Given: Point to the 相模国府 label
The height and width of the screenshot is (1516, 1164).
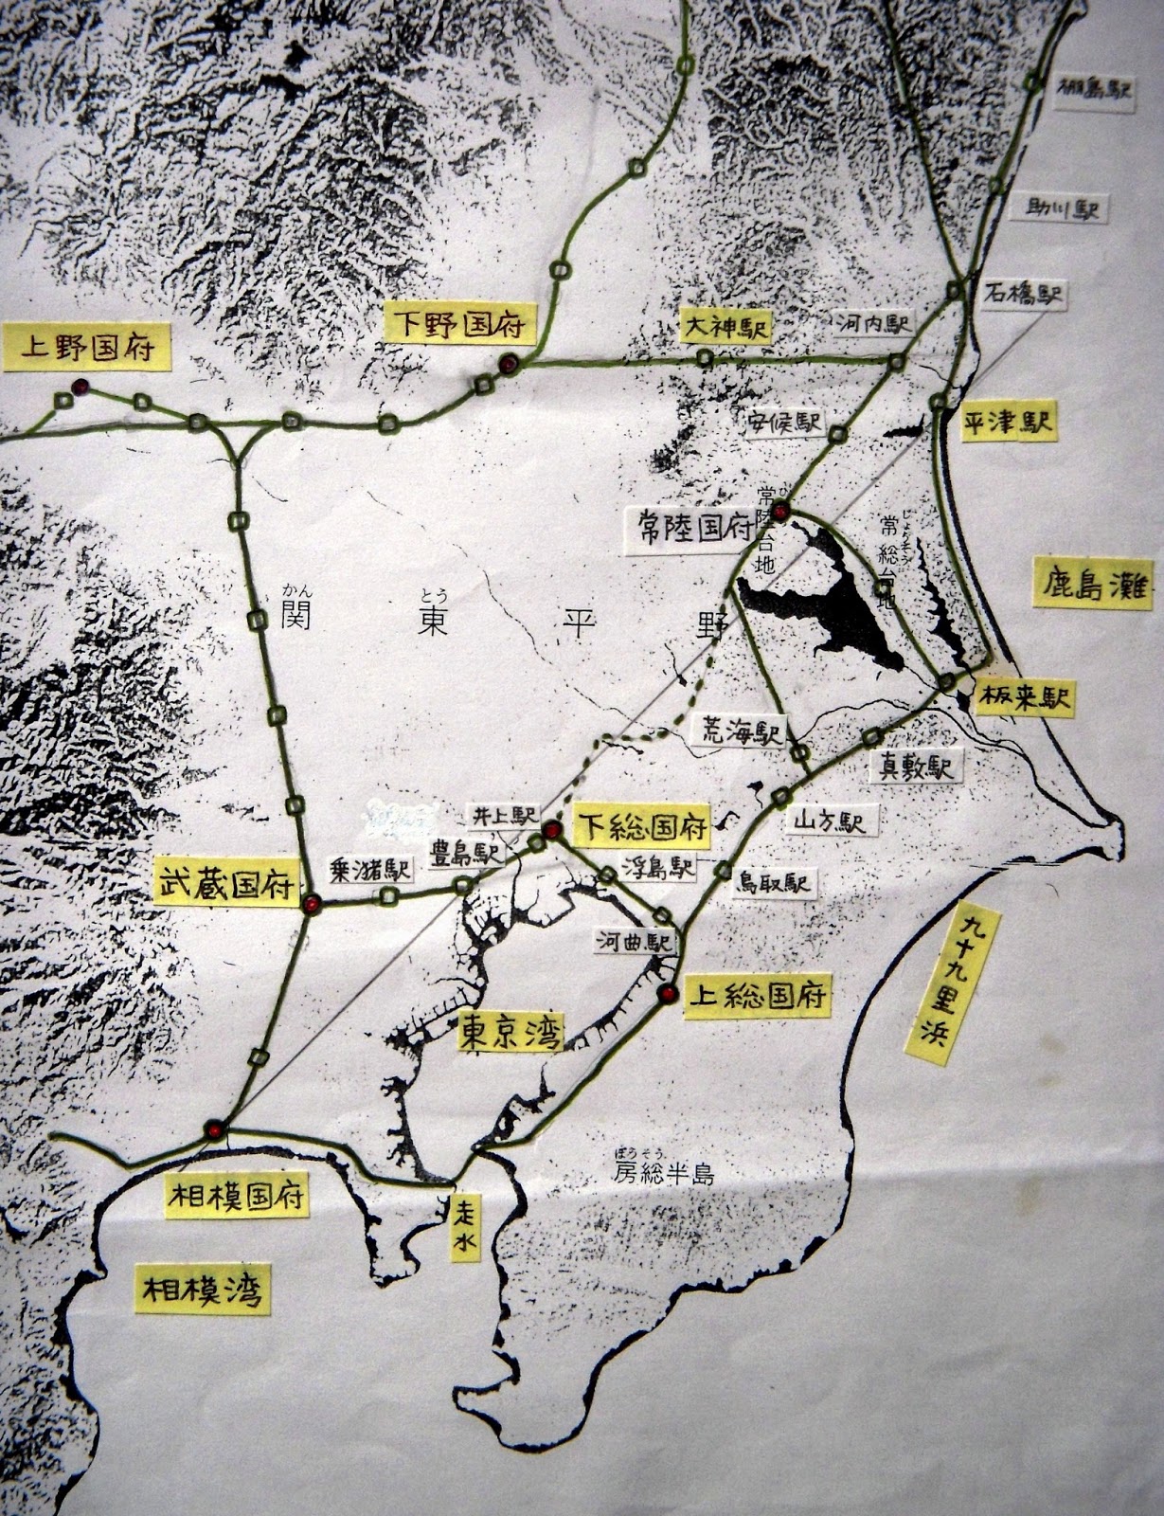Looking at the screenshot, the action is tap(237, 1197).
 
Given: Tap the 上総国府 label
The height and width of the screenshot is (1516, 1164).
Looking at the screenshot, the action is tap(758, 996).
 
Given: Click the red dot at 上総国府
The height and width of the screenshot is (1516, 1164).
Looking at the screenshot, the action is tap(669, 993).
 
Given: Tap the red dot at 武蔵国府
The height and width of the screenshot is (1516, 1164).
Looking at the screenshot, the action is tap(311, 904).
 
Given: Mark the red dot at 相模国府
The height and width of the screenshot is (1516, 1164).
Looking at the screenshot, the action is tap(215, 1129).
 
